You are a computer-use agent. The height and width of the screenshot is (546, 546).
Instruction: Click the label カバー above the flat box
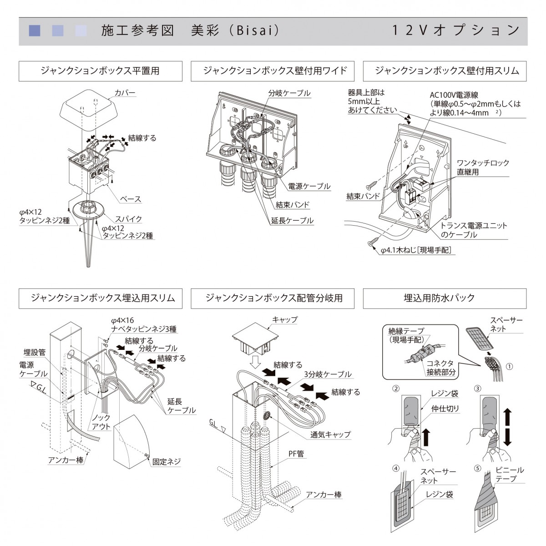[125, 93]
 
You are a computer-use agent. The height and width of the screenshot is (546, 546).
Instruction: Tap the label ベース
[131, 199]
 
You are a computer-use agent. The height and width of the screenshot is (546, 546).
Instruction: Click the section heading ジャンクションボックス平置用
[100, 71]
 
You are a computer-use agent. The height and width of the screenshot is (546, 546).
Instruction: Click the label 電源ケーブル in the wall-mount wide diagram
[309, 187]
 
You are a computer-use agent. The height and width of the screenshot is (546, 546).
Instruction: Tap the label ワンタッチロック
[483, 163]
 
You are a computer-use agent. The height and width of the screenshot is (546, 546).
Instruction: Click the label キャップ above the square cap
[284, 319]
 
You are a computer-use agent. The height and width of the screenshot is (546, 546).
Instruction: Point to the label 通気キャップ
[330, 434]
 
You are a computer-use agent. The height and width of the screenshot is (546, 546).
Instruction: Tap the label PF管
[296, 454]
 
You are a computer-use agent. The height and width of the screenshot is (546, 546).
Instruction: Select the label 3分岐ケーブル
[328, 374]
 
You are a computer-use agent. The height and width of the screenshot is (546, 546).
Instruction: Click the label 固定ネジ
[167, 461]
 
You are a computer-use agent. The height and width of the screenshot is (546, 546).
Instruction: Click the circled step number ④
[396, 468]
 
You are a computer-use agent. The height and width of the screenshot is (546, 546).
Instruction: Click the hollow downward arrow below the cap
[256, 362]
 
